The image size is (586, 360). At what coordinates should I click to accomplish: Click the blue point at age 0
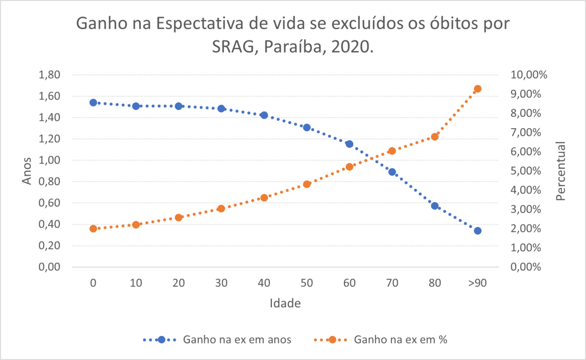coord(93,102)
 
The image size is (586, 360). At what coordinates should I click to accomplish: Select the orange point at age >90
coord(478,89)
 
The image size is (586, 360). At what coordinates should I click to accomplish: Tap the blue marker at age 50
coord(307,128)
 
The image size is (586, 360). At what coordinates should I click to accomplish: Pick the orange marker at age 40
coord(264,197)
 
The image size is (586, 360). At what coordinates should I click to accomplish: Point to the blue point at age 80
coord(435,206)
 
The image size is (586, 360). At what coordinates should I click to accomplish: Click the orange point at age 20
coord(179,217)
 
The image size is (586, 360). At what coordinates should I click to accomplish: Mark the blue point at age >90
coord(478,231)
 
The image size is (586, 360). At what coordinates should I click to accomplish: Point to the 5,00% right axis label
coord(531,171)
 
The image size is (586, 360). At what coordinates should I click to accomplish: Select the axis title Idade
coord(285,303)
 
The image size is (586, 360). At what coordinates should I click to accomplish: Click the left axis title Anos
coord(27,171)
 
